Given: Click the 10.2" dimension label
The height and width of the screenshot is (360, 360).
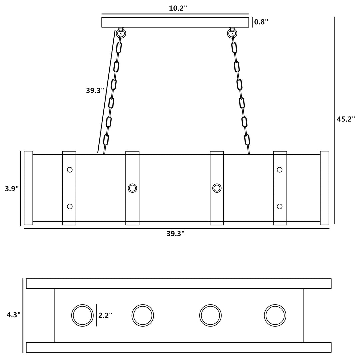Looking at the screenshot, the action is point(178,8).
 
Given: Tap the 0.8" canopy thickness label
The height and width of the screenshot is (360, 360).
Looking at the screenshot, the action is point(261,22).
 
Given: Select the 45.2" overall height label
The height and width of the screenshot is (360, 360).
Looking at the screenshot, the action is point(346,119).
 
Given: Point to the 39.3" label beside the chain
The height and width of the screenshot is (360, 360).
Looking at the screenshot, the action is point(95,90).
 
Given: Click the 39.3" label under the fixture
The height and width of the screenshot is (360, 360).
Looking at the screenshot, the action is point(175,233).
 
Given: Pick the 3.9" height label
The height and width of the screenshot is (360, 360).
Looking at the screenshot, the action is point(12,188).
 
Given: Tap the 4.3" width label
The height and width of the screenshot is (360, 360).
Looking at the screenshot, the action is point(13,315).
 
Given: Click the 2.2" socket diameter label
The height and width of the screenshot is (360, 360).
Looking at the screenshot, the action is point(105,315).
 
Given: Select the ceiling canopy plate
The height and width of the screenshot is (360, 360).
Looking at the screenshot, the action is point(175,22).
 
